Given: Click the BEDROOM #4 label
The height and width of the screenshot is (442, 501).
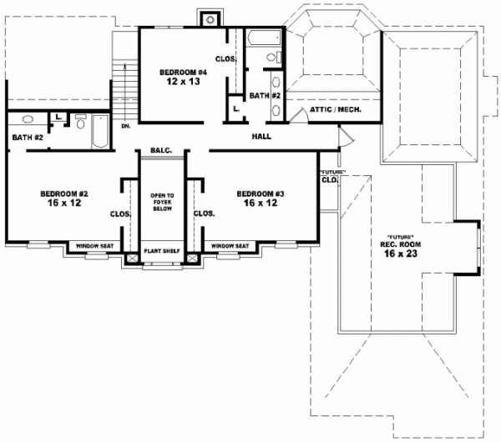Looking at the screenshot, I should (183, 73).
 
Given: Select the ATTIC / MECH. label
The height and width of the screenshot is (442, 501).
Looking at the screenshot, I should (335, 109).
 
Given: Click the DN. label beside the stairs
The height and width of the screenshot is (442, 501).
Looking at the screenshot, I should (125, 126).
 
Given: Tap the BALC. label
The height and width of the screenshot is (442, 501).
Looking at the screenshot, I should (160, 150).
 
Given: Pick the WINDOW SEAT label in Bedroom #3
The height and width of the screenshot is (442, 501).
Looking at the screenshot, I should (229, 246).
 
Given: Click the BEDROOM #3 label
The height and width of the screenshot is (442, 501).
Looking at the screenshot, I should (260, 193).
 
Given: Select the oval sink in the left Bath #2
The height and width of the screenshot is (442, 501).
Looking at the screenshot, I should (26, 120).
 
